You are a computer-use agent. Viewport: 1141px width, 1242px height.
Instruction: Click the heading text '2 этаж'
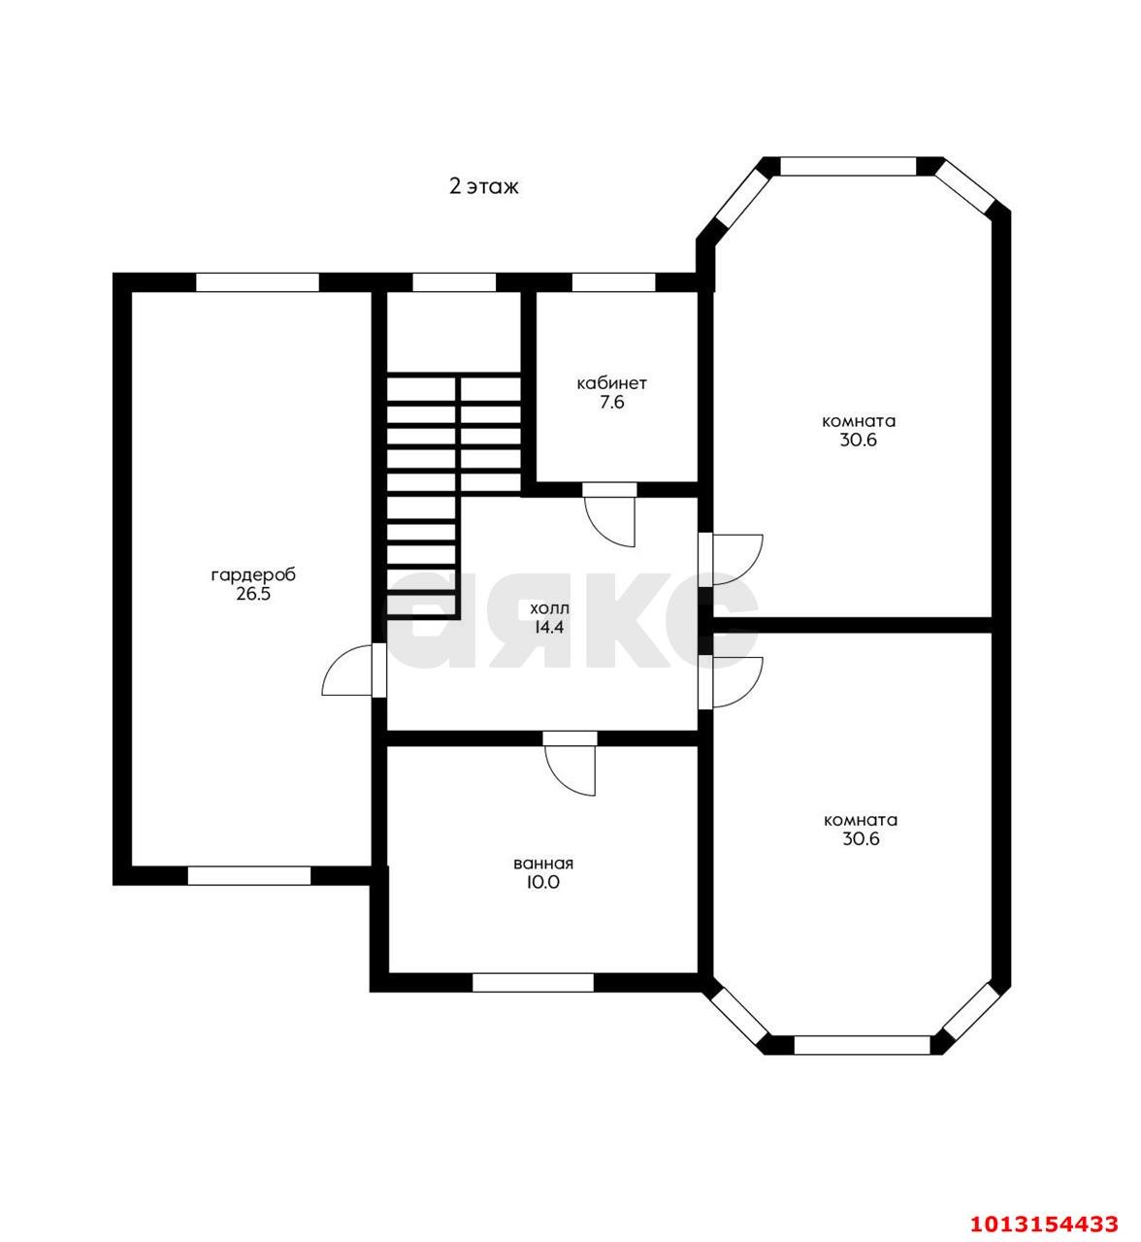tap(483, 186)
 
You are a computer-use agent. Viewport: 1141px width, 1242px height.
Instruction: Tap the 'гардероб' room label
tap(253, 574)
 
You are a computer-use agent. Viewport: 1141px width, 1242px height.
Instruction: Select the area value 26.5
tap(253, 595)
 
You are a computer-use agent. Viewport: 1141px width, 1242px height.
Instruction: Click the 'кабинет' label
tap(611, 383)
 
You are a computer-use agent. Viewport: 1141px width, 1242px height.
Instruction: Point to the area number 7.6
tap(611, 403)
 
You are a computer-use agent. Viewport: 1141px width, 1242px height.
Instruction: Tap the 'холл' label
tap(549, 608)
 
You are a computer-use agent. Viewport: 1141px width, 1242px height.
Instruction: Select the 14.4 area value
tap(549, 627)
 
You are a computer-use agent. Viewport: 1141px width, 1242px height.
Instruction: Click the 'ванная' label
tap(543, 863)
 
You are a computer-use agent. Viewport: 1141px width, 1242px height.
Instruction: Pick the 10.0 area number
tap(543, 882)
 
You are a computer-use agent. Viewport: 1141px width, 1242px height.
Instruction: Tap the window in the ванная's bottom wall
tap(533, 983)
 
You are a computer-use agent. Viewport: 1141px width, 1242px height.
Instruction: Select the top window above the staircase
tap(454, 282)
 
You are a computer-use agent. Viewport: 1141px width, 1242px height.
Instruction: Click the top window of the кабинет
tap(613, 282)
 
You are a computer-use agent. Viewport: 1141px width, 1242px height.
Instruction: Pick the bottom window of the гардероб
tap(249, 875)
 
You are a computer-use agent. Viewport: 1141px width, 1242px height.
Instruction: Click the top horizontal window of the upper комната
tap(848, 167)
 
